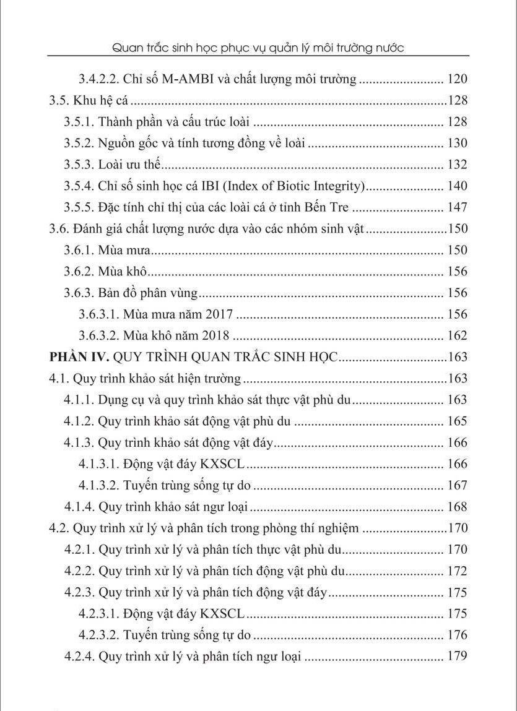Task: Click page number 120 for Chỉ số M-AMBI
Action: tap(456, 79)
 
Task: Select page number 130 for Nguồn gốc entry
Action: tap(456, 144)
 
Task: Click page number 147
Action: tap(456, 207)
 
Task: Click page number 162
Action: tap(456, 336)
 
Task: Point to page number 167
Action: tap(456, 486)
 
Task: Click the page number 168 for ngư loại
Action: tap(456, 507)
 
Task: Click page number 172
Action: tap(456, 571)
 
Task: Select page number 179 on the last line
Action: tap(456, 657)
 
